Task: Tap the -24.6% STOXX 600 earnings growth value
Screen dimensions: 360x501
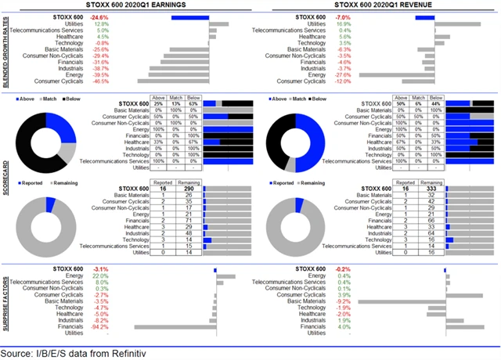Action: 100,16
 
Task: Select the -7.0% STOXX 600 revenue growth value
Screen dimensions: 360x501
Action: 343,16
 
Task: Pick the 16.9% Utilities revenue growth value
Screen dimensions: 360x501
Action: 344,24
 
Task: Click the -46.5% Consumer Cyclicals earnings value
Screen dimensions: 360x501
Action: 100,81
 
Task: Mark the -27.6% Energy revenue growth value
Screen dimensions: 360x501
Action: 343,74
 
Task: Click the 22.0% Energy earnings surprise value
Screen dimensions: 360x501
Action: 100,276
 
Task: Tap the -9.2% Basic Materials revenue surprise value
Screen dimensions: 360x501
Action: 343,301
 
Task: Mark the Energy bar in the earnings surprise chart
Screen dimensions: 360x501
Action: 225,276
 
